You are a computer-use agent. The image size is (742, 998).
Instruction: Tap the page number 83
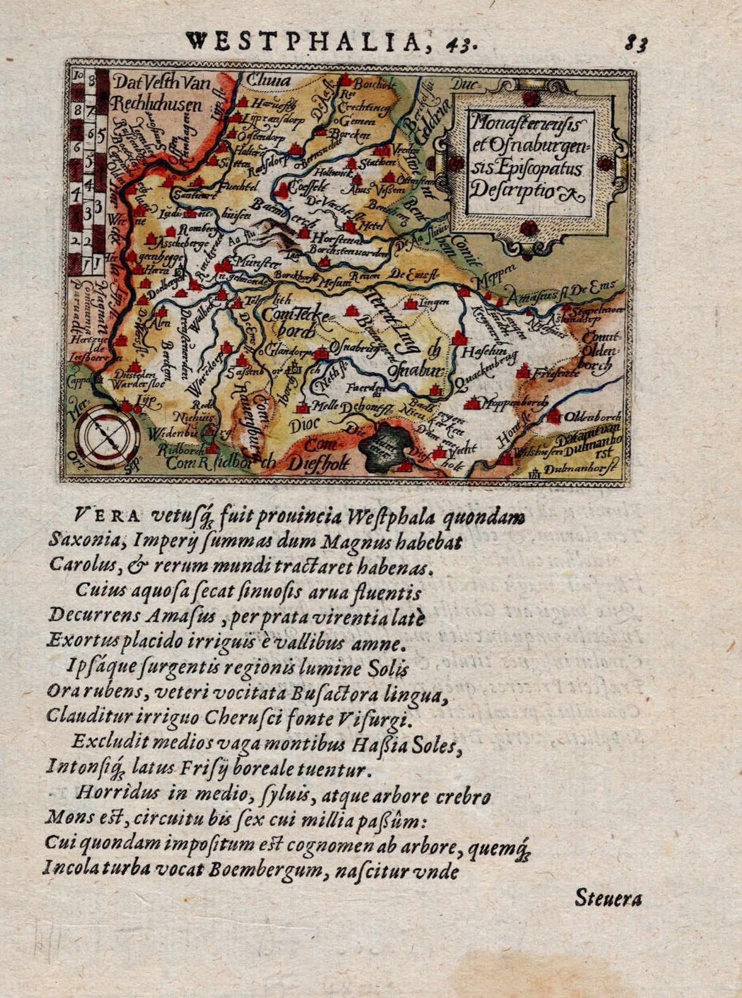point(636,43)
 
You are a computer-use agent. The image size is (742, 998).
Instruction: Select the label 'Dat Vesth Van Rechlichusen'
point(158,93)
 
